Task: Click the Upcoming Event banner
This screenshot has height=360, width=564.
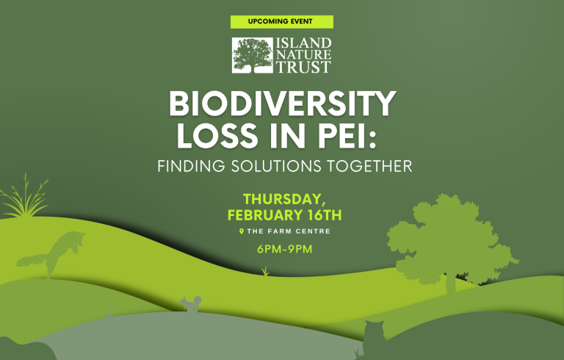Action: pyautogui.click(x=282, y=21)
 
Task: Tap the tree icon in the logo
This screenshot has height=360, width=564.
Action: pyautogui.click(x=253, y=55)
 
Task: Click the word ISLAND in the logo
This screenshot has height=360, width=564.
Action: pyautogui.click(x=303, y=43)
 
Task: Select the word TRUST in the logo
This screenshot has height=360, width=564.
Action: pyautogui.click(x=303, y=68)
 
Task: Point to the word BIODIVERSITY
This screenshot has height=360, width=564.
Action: pyautogui.click(x=283, y=104)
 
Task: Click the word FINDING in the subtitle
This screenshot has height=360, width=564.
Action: pyautogui.click(x=192, y=166)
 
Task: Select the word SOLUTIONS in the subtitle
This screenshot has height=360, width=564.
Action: pyautogui.click(x=276, y=166)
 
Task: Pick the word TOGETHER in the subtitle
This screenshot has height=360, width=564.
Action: pyautogui.click(x=369, y=166)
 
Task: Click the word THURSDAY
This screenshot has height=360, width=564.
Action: pyautogui.click(x=282, y=199)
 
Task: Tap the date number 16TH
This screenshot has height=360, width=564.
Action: pyautogui.click(x=325, y=215)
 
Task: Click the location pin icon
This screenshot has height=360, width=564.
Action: pyautogui.click(x=242, y=231)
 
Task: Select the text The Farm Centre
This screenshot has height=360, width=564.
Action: pyautogui.click(x=289, y=231)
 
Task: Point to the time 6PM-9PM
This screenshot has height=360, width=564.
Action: pyautogui.click(x=284, y=249)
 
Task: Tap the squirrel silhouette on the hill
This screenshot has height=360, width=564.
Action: pyautogui.click(x=191, y=304)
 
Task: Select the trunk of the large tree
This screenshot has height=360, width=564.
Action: pyautogui.click(x=451, y=283)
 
